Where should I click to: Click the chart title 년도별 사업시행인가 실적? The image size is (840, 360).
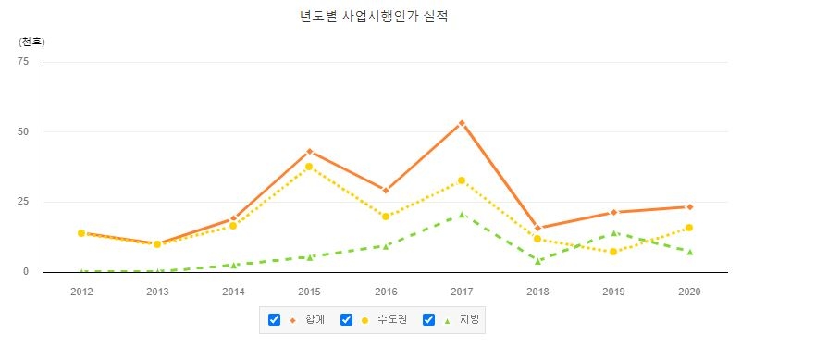click(374, 17)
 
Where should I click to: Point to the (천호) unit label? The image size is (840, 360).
click(31, 42)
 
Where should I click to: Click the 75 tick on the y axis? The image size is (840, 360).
click(23, 61)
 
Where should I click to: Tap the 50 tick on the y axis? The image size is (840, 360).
click(23, 131)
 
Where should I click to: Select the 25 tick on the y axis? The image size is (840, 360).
click(23, 202)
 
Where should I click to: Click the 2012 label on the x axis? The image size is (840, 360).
click(81, 291)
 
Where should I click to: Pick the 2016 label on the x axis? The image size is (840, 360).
click(386, 291)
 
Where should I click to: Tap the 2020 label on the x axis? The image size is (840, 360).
click(689, 291)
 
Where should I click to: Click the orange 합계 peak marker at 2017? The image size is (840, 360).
click(462, 123)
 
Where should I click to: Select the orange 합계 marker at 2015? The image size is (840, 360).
click(309, 151)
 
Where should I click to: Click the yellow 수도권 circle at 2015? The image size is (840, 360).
click(309, 167)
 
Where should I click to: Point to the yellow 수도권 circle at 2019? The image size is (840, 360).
click(613, 252)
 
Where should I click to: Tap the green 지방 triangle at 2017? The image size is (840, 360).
click(462, 215)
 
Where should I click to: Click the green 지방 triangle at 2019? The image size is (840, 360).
click(613, 232)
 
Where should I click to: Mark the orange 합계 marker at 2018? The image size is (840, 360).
click(537, 228)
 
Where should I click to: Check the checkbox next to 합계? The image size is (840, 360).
click(274, 320)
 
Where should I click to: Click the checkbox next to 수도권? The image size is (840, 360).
click(347, 320)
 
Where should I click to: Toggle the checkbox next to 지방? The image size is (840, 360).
click(428, 320)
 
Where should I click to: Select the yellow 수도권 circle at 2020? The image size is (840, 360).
click(689, 228)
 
